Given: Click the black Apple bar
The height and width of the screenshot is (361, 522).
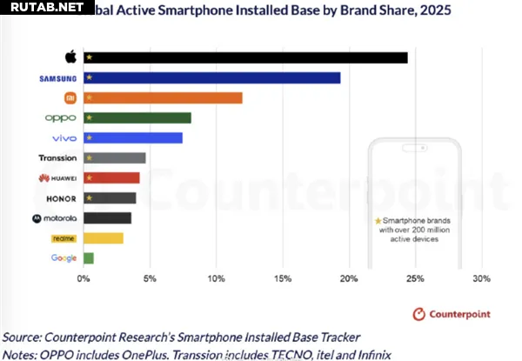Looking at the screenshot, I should tap(244, 57).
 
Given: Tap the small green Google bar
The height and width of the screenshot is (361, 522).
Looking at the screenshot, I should tap(88, 257).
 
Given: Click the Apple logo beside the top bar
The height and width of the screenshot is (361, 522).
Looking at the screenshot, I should tap(70, 57).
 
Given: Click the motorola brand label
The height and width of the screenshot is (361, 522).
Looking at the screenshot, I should tap(55, 217).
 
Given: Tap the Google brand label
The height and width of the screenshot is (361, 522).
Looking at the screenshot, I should tap(64, 257).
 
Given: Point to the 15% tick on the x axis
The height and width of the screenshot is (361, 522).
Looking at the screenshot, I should tap(282, 278).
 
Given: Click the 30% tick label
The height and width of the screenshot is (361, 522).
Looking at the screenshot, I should tap(481, 278).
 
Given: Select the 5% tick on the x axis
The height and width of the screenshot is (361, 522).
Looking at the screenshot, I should tap(150, 278).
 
